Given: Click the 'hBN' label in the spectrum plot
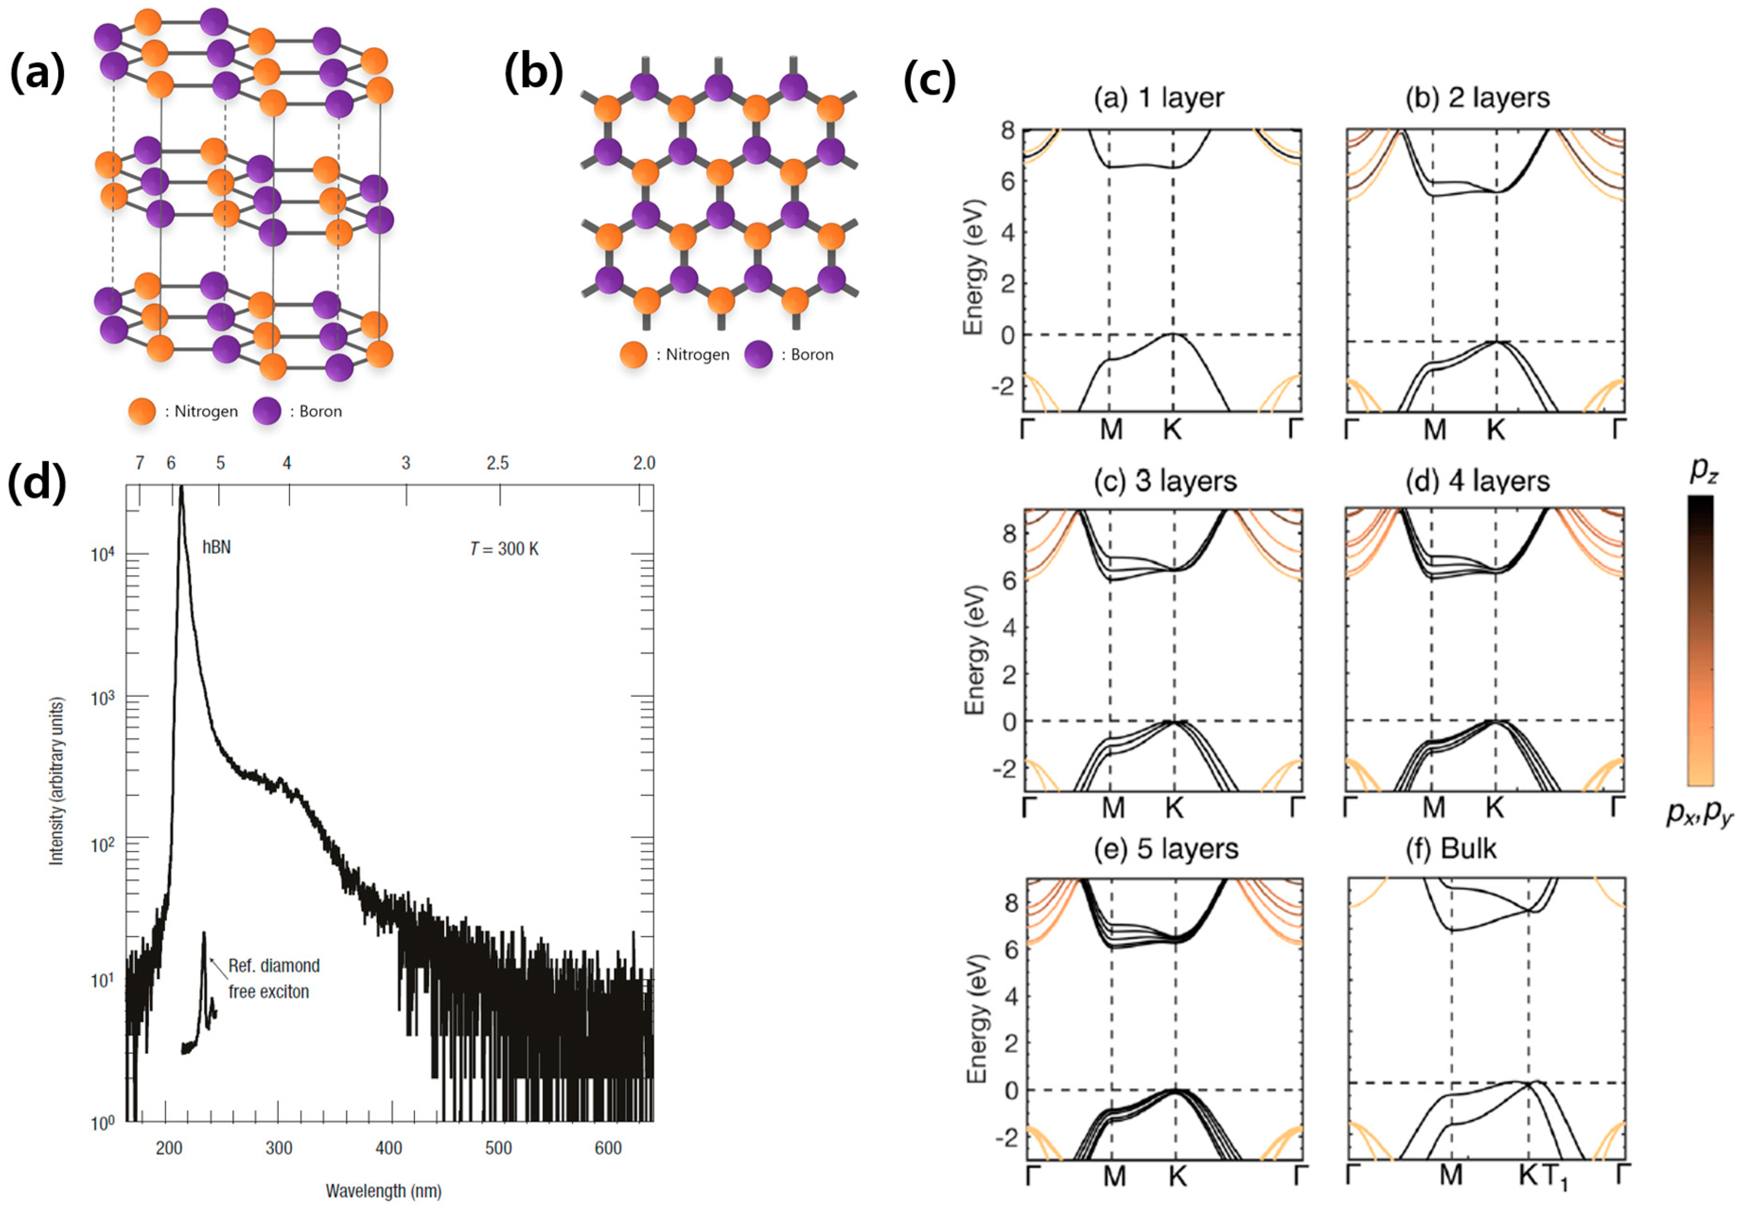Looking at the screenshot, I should pyautogui.click(x=216, y=547).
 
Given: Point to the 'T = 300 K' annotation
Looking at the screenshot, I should pyautogui.click(x=504, y=549).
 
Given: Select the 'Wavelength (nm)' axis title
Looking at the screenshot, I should pyautogui.click(x=383, y=1190).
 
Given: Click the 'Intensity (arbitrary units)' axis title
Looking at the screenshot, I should pyautogui.click(x=57, y=781).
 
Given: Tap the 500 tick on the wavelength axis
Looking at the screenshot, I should pyautogui.click(x=498, y=1148).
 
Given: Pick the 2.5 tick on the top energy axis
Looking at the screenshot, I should pyautogui.click(x=497, y=463).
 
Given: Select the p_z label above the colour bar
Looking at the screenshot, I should pyautogui.click(x=1703, y=470).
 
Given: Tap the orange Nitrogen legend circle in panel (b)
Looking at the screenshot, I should pyautogui.click(x=633, y=355).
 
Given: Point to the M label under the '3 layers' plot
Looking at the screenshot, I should pyautogui.click(x=1113, y=808).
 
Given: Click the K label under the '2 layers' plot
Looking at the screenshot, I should pyautogui.click(x=1495, y=430).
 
